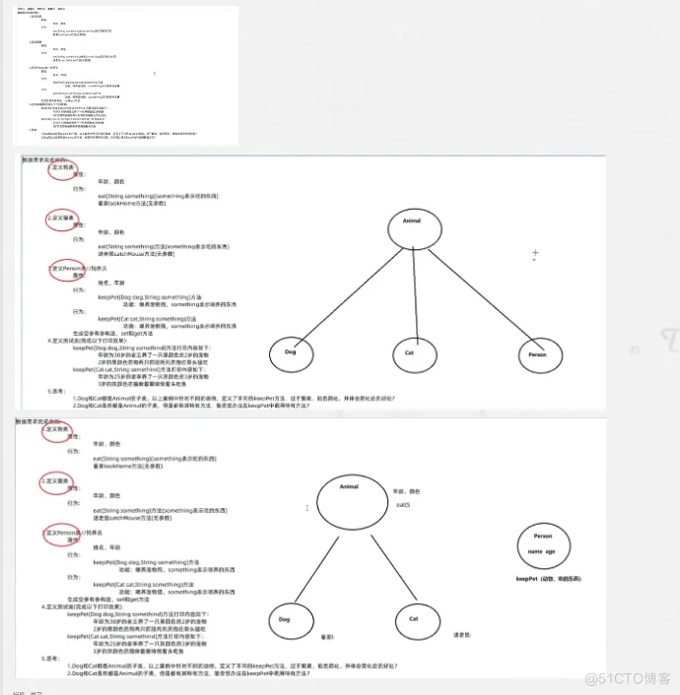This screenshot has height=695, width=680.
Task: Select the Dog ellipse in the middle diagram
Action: point(292,351)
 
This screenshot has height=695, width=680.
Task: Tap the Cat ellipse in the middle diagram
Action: point(409,351)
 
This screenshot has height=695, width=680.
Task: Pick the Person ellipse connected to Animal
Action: point(536,353)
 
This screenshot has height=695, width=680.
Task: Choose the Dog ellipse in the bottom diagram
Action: point(285,619)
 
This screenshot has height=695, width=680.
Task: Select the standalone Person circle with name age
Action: point(543,544)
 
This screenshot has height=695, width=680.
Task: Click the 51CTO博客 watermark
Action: point(627,678)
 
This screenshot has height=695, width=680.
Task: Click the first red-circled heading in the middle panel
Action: point(61,166)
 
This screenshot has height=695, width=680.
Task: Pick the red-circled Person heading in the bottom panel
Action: point(61,533)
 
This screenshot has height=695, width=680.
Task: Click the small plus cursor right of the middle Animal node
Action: point(535,253)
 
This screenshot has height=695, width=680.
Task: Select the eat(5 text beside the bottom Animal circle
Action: point(402,504)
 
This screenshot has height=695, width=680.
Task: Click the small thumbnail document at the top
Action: point(126,74)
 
